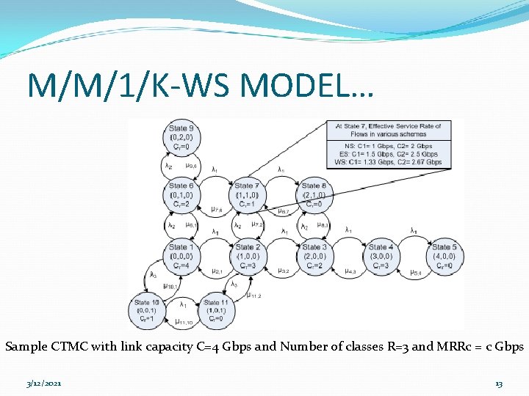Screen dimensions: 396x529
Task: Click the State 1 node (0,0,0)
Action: point(181,257)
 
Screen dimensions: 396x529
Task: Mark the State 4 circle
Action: point(381,257)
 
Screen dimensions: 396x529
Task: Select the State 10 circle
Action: point(147,310)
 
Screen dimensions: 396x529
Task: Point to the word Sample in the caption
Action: point(26,346)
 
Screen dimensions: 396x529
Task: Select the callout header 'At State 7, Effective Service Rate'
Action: point(388,130)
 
